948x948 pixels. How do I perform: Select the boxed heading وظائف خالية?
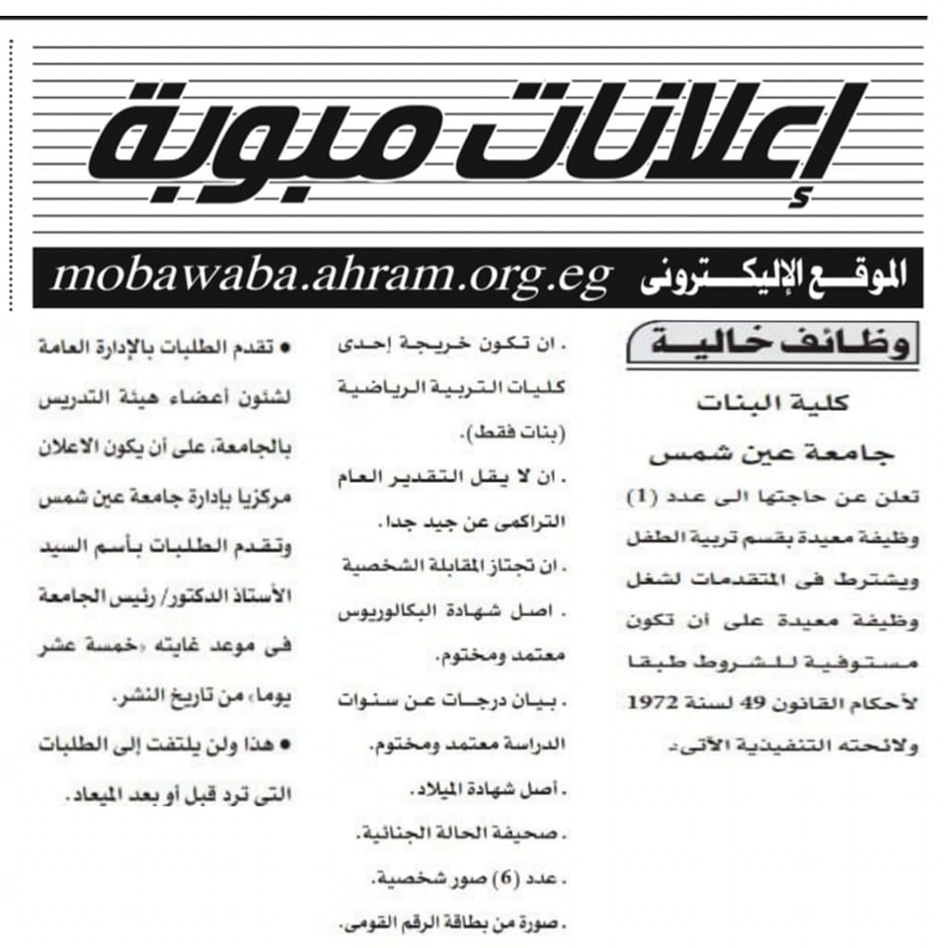[x=769, y=347]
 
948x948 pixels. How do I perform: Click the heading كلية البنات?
[x=772, y=405]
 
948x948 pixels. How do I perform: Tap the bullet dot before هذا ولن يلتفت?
[x=287, y=746]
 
